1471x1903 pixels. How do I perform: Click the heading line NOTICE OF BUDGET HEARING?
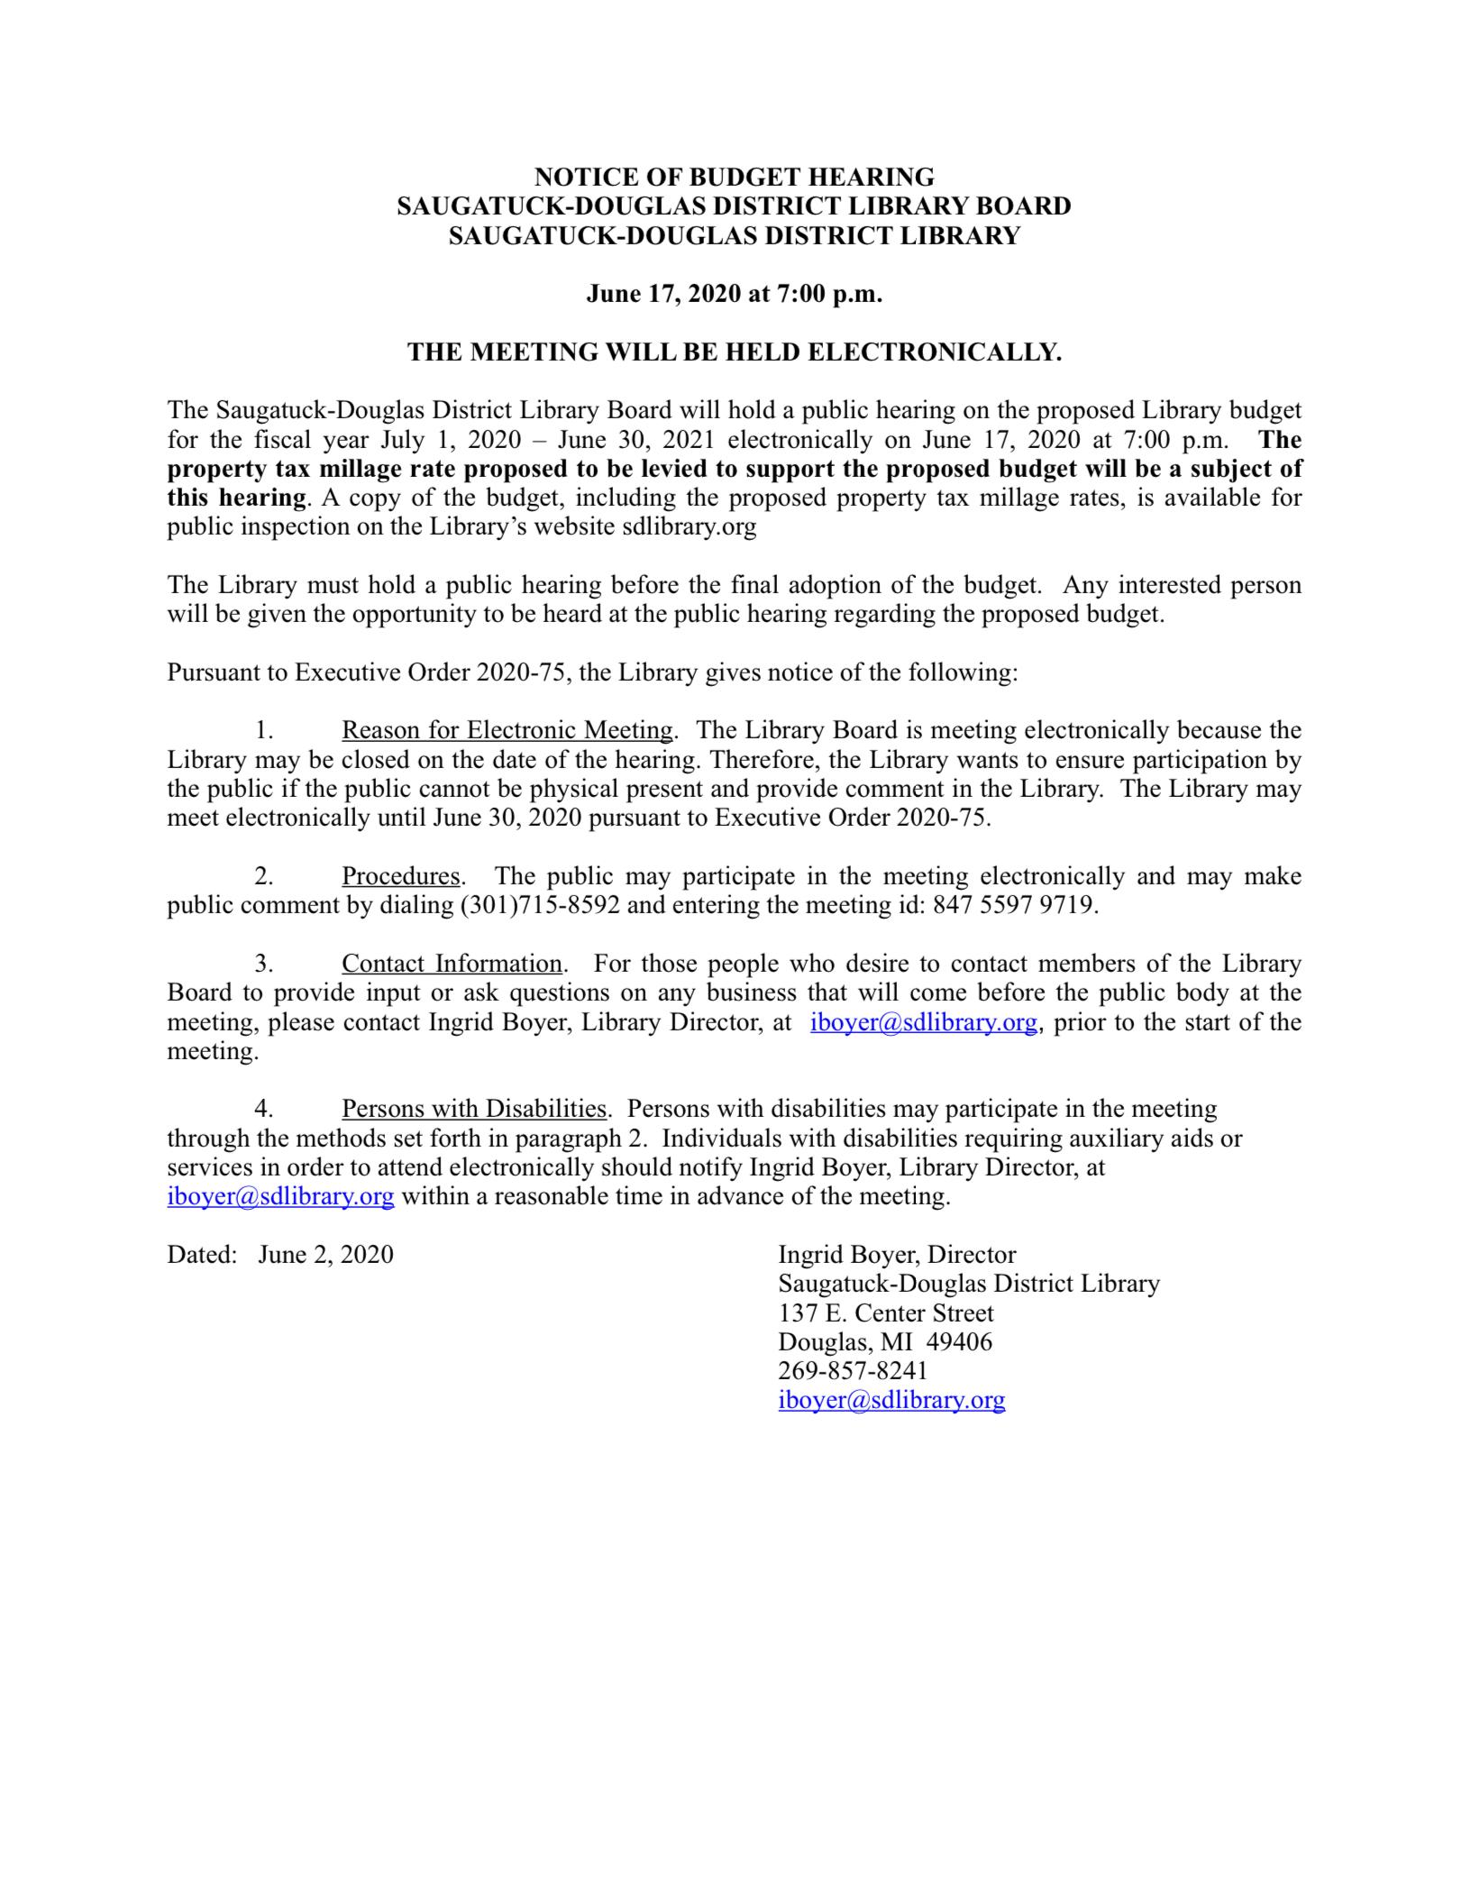pyautogui.click(x=734, y=177)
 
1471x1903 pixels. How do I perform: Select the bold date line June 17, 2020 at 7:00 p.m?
pyautogui.click(x=734, y=294)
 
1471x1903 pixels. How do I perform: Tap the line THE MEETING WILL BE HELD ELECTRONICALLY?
pyautogui.click(x=734, y=352)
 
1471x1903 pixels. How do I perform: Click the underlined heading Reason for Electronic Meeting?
pyautogui.click(x=507, y=730)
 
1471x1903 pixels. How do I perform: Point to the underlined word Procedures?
pyautogui.click(x=400, y=876)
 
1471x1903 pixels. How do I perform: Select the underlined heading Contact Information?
pyautogui.click(x=452, y=964)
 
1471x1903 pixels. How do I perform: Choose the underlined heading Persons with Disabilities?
pyautogui.click(x=473, y=1109)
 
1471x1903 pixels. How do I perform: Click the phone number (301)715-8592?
pyautogui.click(x=540, y=905)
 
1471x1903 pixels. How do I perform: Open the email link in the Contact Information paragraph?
pyautogui.click(x=923, y=1022)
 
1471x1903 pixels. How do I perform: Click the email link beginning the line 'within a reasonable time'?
pyautogui.click(x=280, y=1196)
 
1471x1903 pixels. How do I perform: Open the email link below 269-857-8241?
pyautogui.click(x=891, y=1400)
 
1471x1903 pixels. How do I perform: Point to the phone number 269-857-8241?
pyautogui.click(x=853, y=1371)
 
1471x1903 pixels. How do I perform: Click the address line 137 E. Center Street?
pyautogui.click(x=885, y=1313)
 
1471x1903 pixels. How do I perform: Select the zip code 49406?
pyautogui.click(x=959, y=1342)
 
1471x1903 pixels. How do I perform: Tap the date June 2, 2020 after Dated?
pyautogui.click(x=325, y=1255)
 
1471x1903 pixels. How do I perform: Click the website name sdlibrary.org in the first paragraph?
pyautogui.click(x=689, y=527)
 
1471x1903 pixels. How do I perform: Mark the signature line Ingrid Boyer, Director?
pyautogui.click(x=896, y=1255)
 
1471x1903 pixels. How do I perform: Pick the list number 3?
pyautogui.click(x=263, y=964)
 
